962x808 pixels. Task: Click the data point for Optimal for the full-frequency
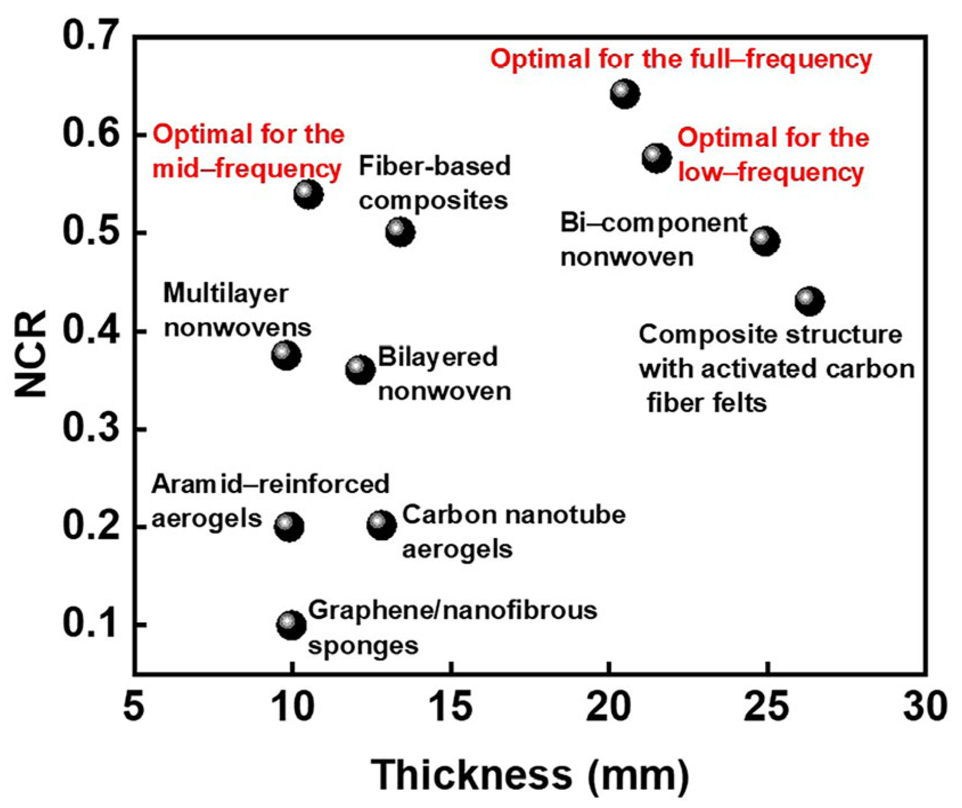[x=625, y=93]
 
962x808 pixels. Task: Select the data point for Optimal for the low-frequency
[x=657, y=158]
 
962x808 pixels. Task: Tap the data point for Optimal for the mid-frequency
[x=308, y=194]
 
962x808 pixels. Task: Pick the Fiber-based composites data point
[x=400, y=231]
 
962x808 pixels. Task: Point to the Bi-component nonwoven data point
[x=765, y=241]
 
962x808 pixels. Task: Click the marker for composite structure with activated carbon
[x=809, y=301]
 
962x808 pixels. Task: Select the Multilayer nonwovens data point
[x=286, y=355]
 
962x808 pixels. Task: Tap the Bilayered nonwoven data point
[x=360, y=370]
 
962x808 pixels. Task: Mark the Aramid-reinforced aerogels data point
[x=289, y=526]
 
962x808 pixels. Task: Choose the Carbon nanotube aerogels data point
[x=382, y=524]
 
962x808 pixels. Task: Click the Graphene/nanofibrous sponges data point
[x=291, y=625]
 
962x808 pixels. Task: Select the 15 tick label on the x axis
[x=451, y=707]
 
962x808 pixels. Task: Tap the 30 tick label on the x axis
[x=925, y=707]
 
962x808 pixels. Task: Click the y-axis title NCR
[x=31, y=354]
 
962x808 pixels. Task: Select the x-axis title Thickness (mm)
[x=530, y=775]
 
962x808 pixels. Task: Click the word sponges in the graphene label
[x=363, y=646]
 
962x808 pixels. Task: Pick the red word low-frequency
[x=771, y=172]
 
